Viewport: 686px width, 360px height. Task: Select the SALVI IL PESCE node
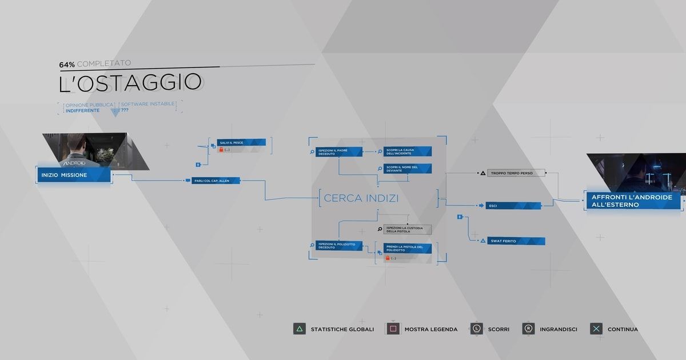tap(241, 142)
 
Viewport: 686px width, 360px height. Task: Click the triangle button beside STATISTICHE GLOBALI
tap(299, 329)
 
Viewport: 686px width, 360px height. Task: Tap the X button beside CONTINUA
tap(596, 329)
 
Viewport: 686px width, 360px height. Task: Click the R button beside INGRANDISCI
tap(529, 329)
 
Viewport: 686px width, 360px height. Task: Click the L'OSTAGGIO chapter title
tap(130, 83)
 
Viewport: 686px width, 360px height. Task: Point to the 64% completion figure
tap(67, 63)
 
